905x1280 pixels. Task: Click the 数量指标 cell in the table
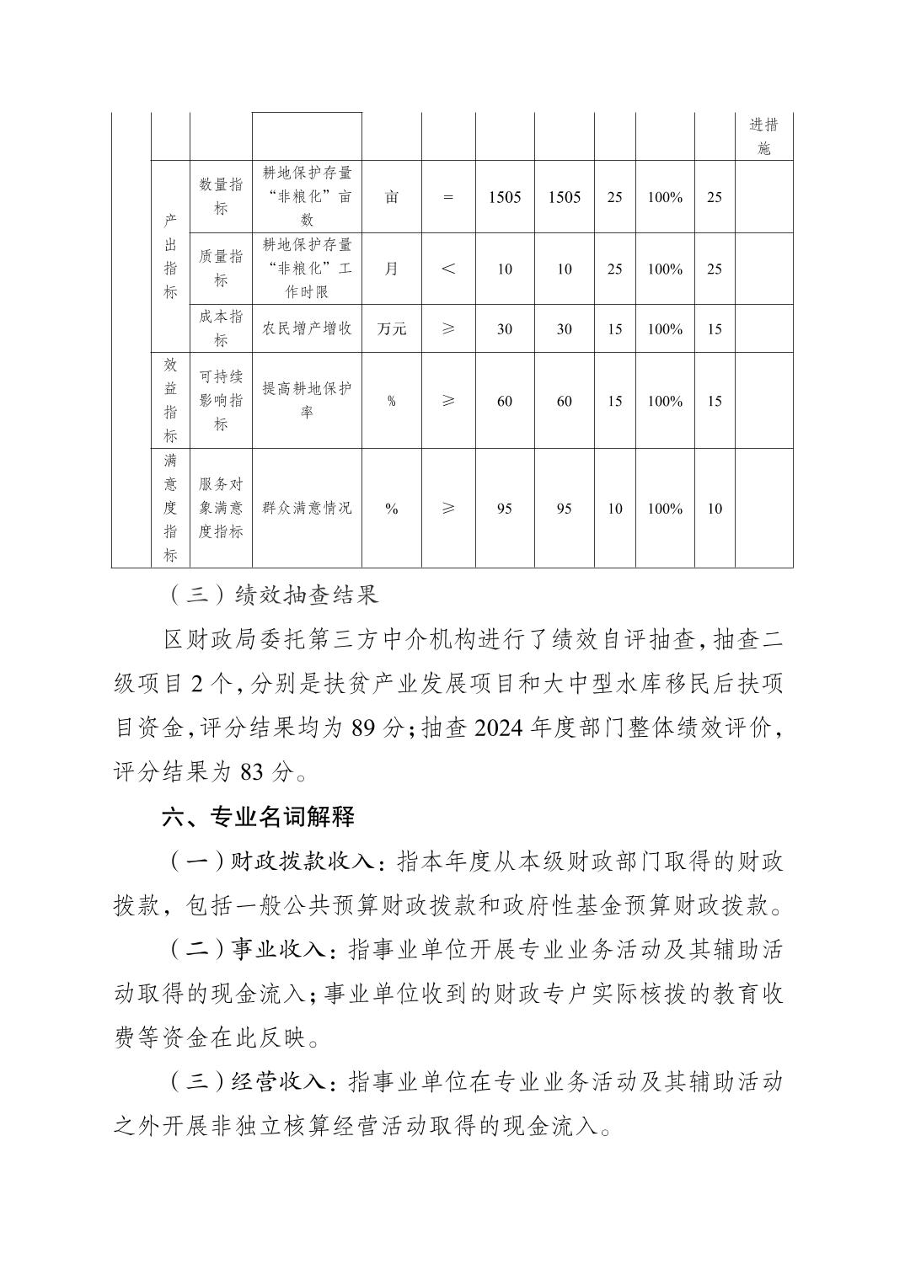(x=221, y=196)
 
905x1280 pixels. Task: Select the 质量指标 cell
(x=221, y=269)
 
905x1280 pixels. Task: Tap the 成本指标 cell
(x=221, y=328)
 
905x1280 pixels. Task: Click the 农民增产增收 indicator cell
(x=307, y=328)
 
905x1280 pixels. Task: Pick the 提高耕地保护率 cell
(x=307, y=401)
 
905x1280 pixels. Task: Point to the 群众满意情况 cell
(x=307, y=509)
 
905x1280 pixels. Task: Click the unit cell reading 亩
(x=392, y=197)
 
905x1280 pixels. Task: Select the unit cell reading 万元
(x=392, y=328)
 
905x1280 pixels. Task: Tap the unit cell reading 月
(x=392, y=269)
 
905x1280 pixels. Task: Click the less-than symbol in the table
(x=448, y=269)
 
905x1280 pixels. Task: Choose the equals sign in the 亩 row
(x=448, y=197)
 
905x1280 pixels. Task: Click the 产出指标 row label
(x=170, y=257)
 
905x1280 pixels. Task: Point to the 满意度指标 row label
(x=170, y=509)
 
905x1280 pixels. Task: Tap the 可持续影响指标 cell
(x=221, y=401)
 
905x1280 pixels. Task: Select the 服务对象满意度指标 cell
(x=221, y=509)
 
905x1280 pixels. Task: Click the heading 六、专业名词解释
(x=259, y=816)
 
